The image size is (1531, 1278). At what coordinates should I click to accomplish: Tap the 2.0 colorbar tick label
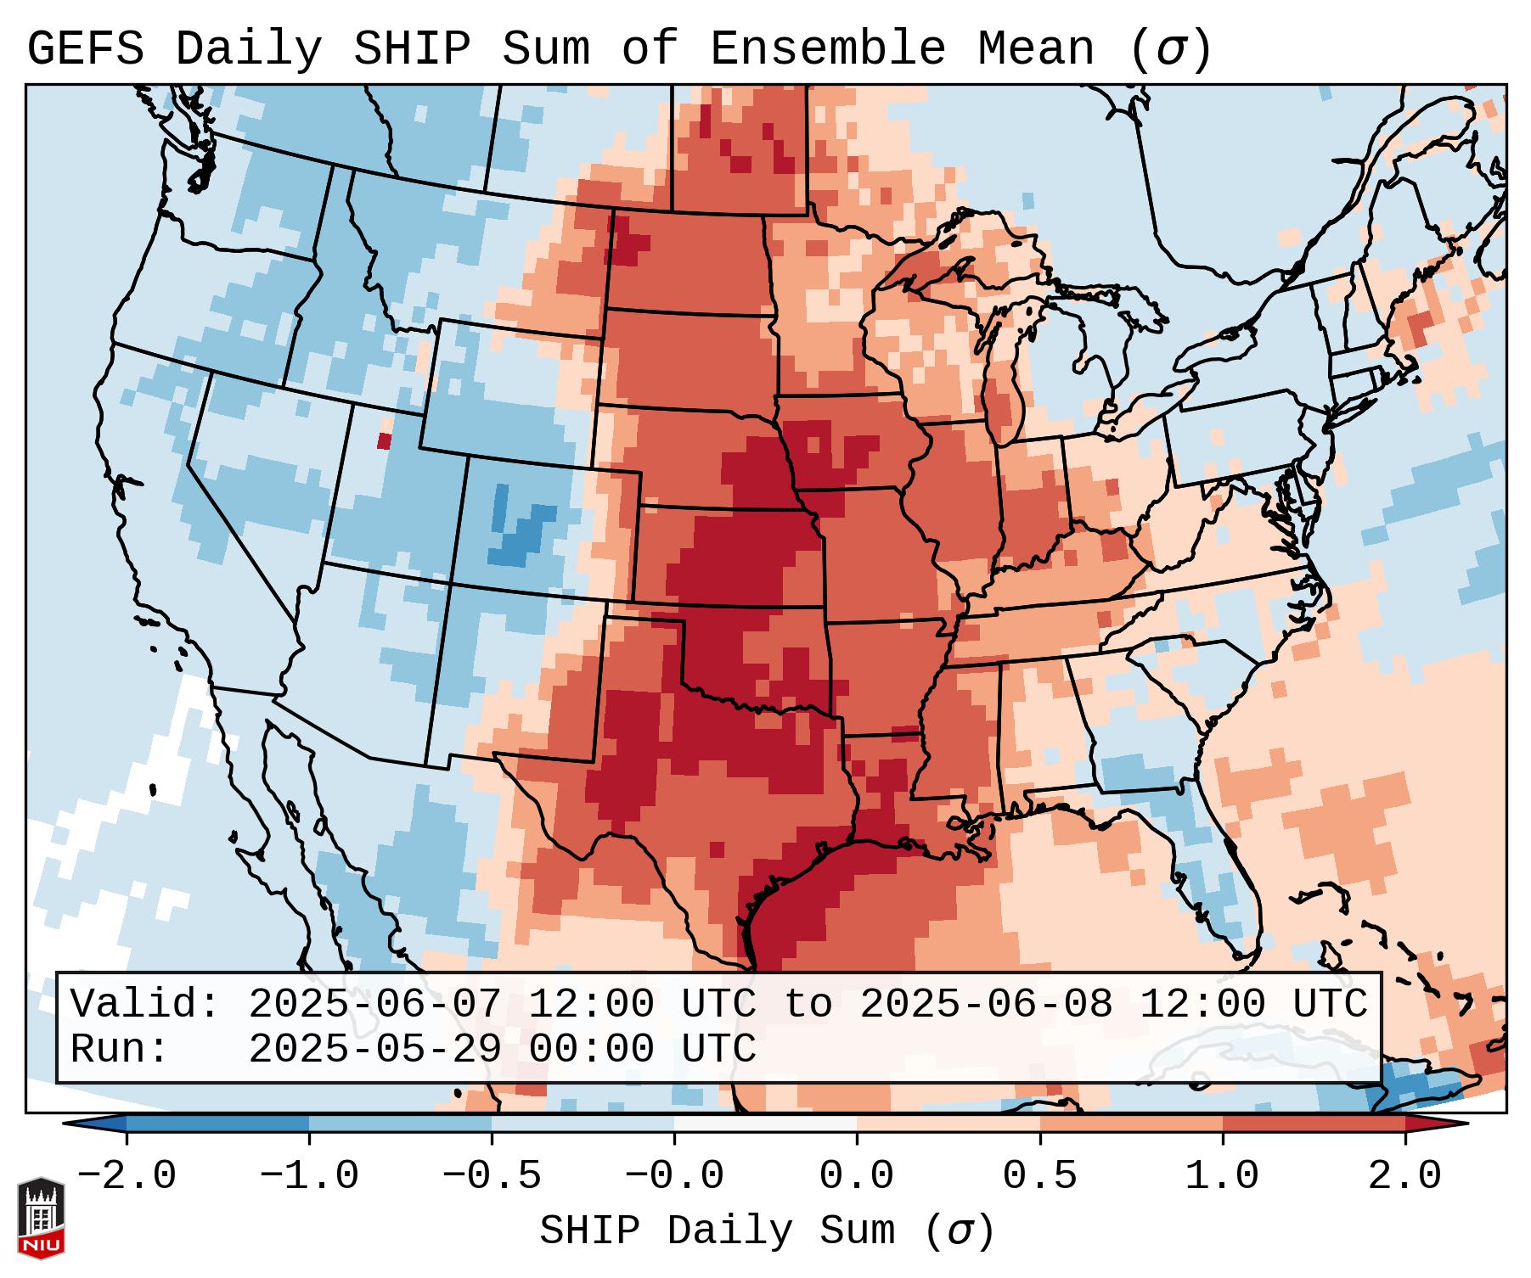[x=1404, y=1176]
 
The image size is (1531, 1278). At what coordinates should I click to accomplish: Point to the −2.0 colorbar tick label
[x=127, y=1176]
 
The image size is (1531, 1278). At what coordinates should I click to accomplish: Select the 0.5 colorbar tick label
[x=1039, y=1176]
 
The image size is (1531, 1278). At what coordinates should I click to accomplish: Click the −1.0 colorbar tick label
[x=309, y=1176]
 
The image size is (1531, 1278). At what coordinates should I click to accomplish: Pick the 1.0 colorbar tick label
[x=1222, y=1176]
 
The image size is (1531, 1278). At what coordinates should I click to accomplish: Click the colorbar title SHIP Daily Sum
[x=766, y=1230]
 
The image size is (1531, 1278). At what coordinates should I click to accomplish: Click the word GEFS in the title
[x=85, y=49]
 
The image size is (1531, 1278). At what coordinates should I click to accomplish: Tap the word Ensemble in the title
[x=827, y=49]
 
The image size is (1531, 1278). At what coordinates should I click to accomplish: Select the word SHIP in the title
[x=411, y=49]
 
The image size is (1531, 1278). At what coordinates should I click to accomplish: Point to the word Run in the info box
[x=119, y=1049]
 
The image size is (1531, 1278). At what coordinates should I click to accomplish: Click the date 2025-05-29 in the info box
[x=374, y=1049]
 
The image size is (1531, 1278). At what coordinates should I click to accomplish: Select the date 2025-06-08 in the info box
[x=986, y=1004]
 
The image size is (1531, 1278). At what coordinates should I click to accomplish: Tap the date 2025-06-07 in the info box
[x=374, y=1004]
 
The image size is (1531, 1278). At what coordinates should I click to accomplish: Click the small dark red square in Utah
[x=385, y=441]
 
